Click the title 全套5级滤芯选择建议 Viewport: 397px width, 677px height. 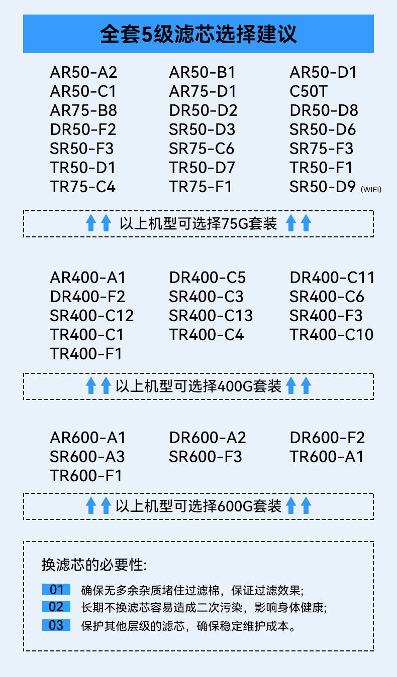point(198,34)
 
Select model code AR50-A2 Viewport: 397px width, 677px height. point(83,73)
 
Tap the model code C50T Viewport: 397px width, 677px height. point(309,92)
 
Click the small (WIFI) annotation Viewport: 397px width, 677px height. point(371,189)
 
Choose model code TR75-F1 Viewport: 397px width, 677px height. point(201,187)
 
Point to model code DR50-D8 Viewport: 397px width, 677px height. point(324,111)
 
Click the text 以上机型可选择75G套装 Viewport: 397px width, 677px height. point(198,223)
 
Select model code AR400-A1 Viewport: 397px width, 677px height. point(87,278)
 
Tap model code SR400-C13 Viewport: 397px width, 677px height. point(211,316)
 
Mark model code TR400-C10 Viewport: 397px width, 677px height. point(332,335)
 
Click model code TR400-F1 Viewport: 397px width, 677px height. point(86,354)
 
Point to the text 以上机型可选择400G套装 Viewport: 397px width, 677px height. point(198,386)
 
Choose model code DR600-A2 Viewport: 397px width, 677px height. point(208,438)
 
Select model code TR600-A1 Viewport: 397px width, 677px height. point(326,457)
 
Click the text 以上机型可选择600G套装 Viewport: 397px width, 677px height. point(198,506)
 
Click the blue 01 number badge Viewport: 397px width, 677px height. point(56,589)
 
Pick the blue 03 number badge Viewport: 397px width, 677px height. point(56,625)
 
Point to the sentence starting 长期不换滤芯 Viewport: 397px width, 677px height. point(204,608)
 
